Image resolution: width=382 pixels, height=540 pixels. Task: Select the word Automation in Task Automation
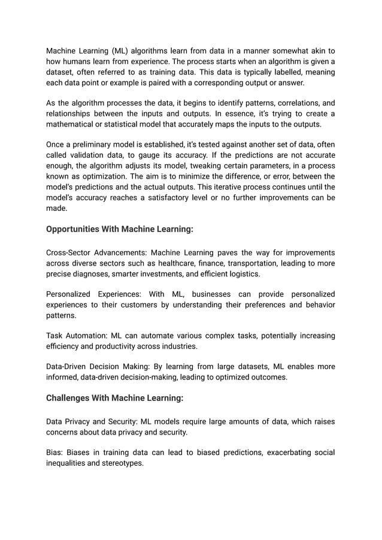86,336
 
